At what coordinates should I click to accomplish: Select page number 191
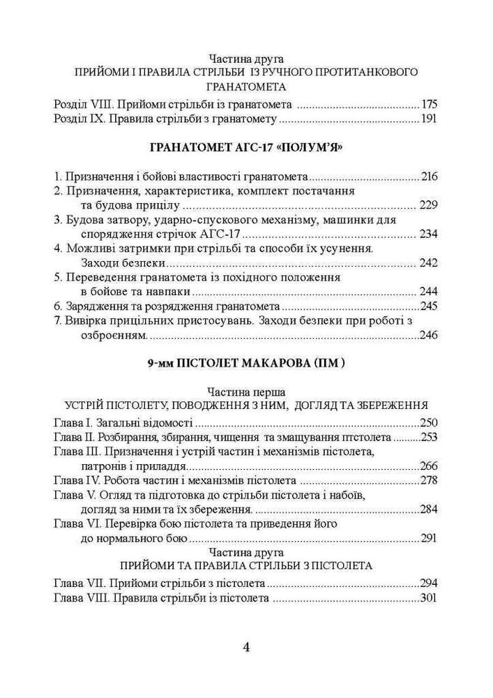[x=429, y=119]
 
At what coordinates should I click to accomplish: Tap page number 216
[x=429, y=176]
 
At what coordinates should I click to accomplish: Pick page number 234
[x=429, y=233]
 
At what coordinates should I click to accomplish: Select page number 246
[x=429, y=336]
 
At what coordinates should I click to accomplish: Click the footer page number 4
[x=246, y=646]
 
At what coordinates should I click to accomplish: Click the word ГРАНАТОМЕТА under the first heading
[x=246, y=87]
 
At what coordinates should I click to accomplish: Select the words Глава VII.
[x=79, y=583]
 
